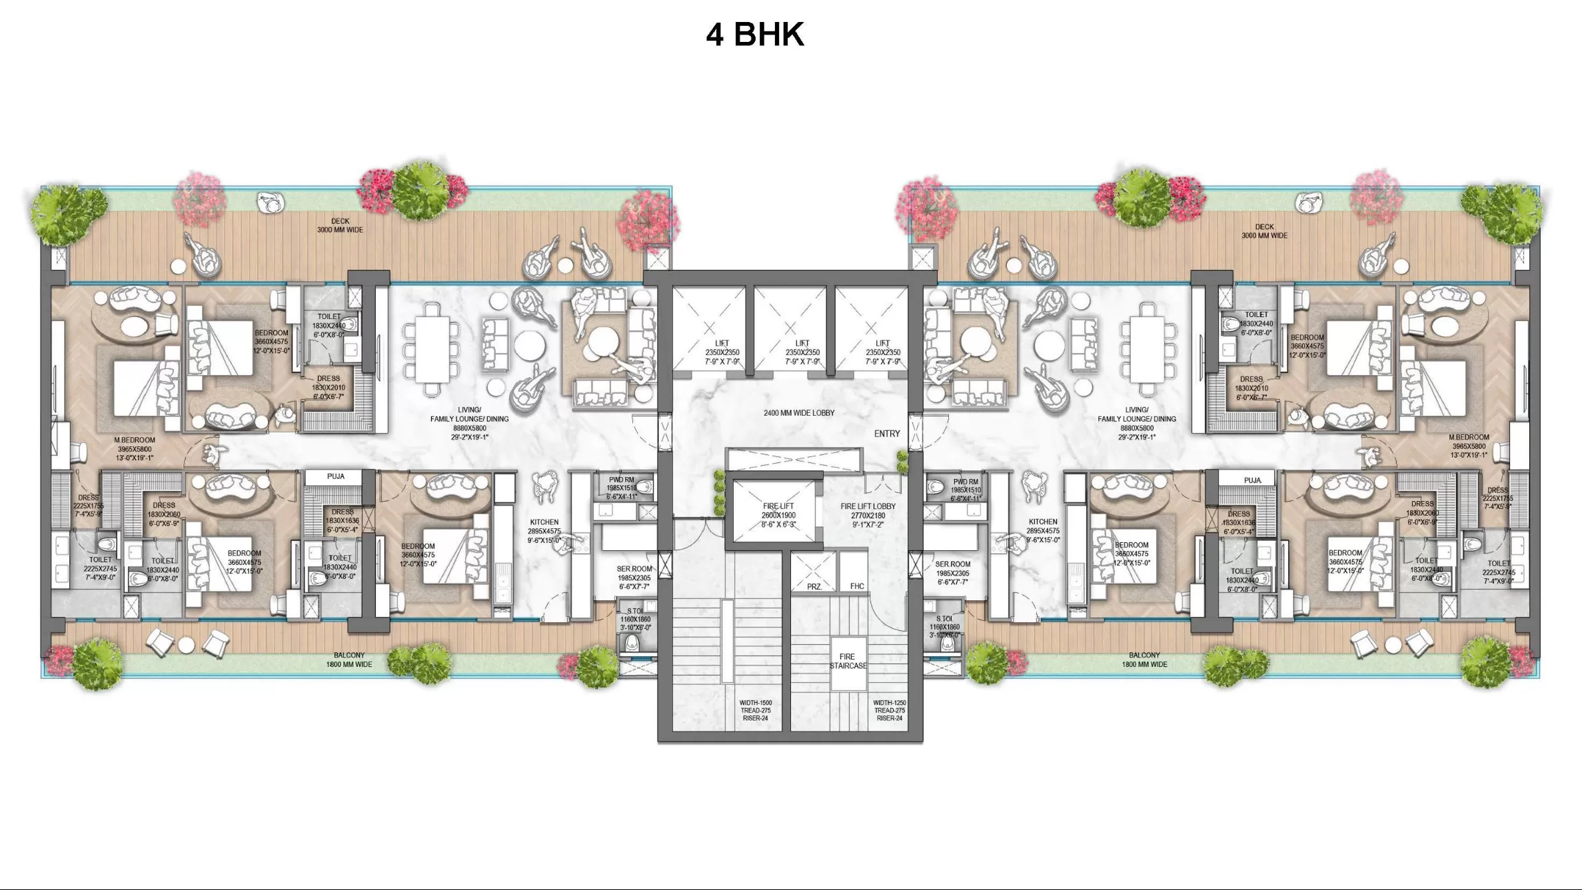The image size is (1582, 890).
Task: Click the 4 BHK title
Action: [x=755, y=34]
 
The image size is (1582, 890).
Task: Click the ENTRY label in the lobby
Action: [x=886, y=434]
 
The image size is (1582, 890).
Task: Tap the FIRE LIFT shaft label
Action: [x=778, y=506]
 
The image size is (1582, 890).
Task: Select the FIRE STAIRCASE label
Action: [x=848, y=661]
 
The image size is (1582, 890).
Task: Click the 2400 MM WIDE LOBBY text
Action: [x=798, y=413]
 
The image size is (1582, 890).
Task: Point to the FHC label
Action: [x=856, y=586]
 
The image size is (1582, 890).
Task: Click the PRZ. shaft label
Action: [x=814, y=587]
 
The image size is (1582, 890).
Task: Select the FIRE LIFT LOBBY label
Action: [x=868, y=506]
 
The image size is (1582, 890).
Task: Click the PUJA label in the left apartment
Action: [x=335, y=476]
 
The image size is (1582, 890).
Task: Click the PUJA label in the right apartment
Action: [x=1252, y=480]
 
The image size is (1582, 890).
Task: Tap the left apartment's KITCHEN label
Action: [x=544, y=522]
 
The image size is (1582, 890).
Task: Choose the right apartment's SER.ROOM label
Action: [x=952, y=564]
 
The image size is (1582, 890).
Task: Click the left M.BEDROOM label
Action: [x=134, y=440]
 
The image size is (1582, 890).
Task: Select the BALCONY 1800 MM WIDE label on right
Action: [x=1144, y=660]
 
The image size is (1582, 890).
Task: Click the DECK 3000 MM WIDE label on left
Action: [x=340, y=225]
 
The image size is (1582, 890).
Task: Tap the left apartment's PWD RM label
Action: [x=620, y=480]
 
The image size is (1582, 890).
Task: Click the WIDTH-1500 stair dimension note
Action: [x=755, y=703]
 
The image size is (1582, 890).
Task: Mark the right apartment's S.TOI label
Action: [x=944, y=620]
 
